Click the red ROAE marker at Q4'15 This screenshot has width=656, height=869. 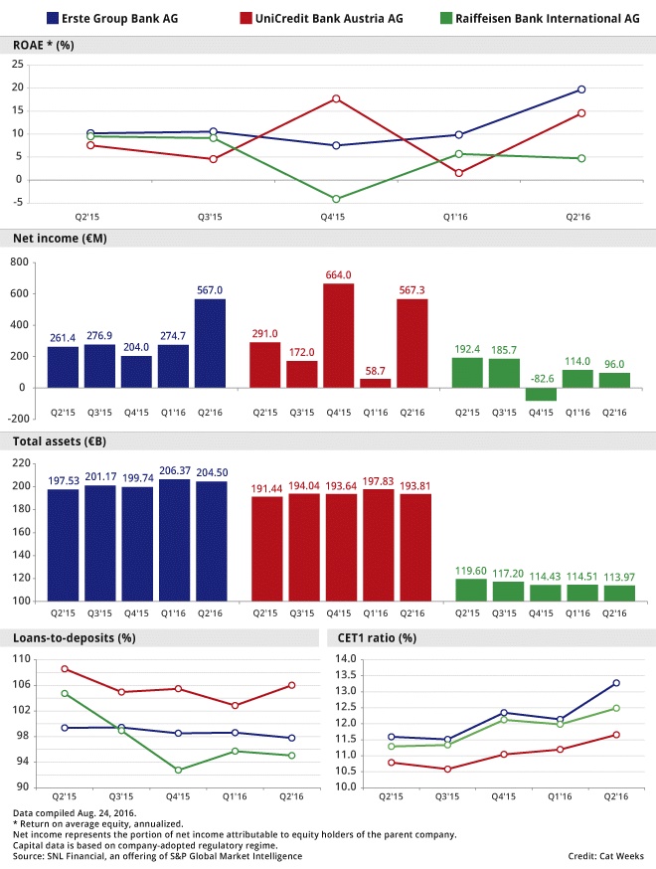point(336,98)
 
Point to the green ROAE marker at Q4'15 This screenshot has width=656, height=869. point(336,199)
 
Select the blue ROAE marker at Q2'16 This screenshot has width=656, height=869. point(581,89)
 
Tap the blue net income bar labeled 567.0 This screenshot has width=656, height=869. point(211,343)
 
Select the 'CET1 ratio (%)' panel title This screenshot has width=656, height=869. point(374,637)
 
